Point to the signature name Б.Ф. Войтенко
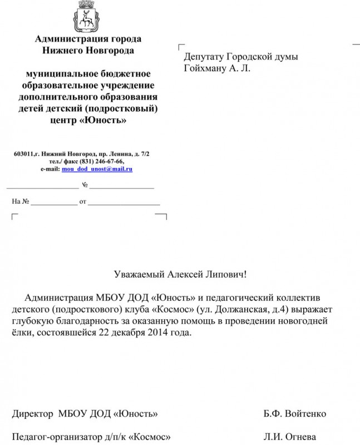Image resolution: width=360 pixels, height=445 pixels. coord(295,414)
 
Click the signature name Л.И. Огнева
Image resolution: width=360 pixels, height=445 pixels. coord(290,437)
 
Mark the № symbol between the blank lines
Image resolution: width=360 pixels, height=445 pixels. coord(85,185)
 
